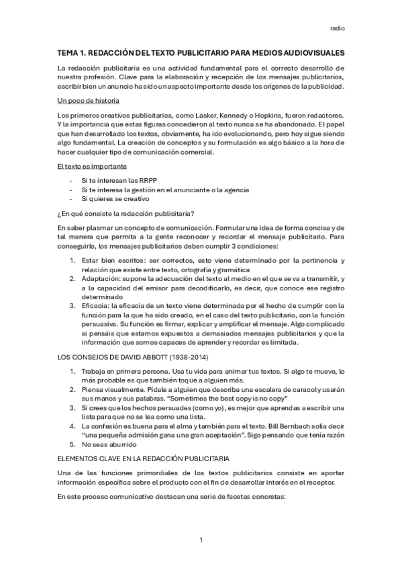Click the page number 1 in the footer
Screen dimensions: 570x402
pyautogui.click(x=201, y=540)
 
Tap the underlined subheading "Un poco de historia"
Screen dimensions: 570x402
pyautogui.click(x=89, y=101)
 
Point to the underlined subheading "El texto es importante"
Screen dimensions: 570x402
pyautogui.click(x=93, y=165)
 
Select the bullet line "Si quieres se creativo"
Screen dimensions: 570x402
pyautogui.click(x=116, y=199)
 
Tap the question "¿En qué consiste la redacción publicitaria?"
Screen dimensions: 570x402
pyautogui.click(x=126, y=214)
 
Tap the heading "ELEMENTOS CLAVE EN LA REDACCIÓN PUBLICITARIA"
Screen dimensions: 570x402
pyautogui.click(x=143, y=458)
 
